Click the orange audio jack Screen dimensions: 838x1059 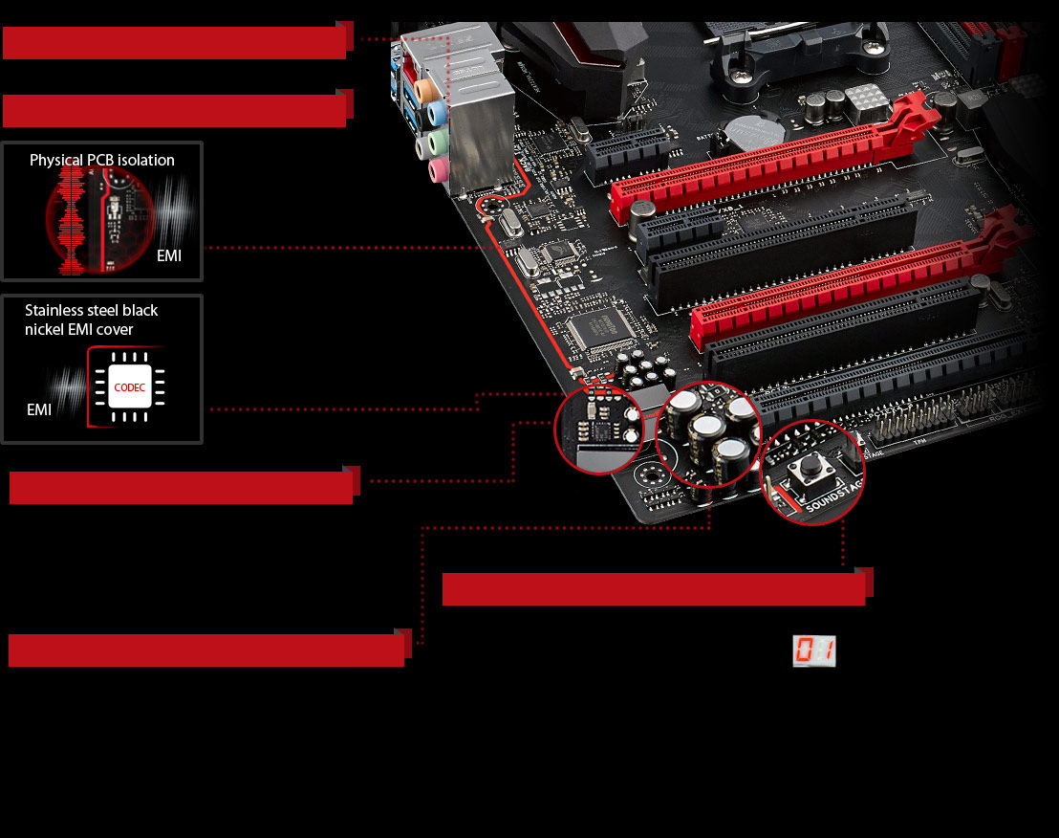pyautogui.click(x=429, y=87)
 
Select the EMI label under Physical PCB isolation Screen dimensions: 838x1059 pyautogui.click(x=169, y=255)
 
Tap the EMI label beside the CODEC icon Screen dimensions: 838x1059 pyautogui.click(x=39, y=409)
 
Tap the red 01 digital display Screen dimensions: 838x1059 pyautogui.click(x=814, y=651)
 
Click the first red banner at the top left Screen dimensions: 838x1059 pyautogui.click(x=174, y=43)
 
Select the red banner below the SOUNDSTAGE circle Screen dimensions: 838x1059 pyautogui.click(x=654, y=588)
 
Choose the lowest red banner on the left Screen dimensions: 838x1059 pyautogui.click(x=206, y=650)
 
